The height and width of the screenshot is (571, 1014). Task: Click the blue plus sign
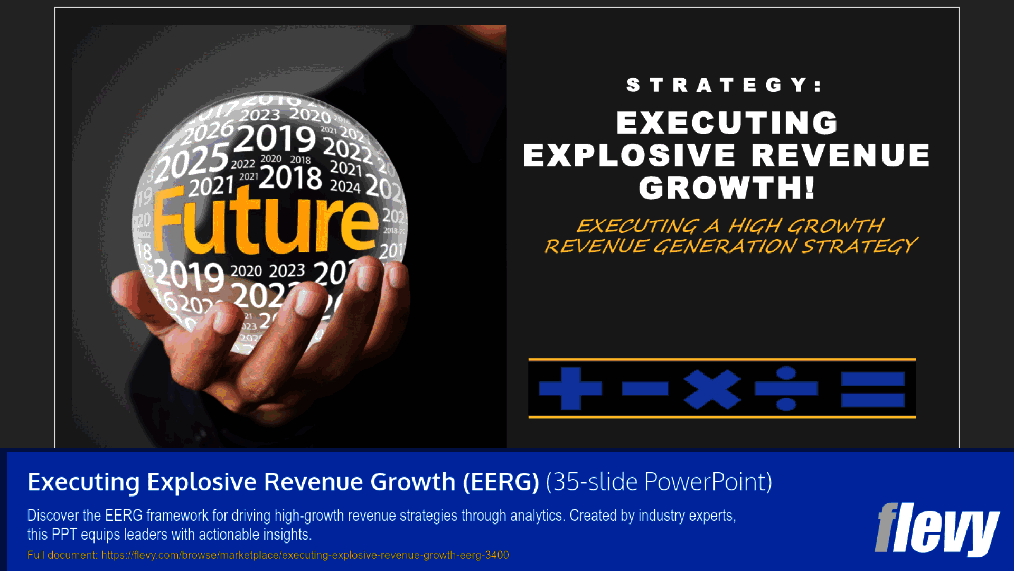(570, 389)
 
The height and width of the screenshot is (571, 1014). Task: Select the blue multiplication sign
(712, 389)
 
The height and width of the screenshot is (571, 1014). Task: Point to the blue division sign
(786, 389)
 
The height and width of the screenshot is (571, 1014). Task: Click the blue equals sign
(872, 389)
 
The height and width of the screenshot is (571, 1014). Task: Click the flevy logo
(936, 528)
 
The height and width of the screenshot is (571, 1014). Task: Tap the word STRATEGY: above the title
(724, 85)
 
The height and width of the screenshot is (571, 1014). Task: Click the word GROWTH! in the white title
(727, 188)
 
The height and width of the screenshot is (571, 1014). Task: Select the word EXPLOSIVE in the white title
(629, 155)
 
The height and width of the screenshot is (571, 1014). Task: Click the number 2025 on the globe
(192, 164)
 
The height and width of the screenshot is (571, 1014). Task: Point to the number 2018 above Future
(290, 177)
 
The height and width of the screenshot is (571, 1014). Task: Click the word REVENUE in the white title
(840, 155)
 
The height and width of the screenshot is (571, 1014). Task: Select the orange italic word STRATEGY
(860, 246)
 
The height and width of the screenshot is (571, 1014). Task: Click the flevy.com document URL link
(305, 555)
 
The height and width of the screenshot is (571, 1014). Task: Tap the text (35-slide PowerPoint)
(659, 482)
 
